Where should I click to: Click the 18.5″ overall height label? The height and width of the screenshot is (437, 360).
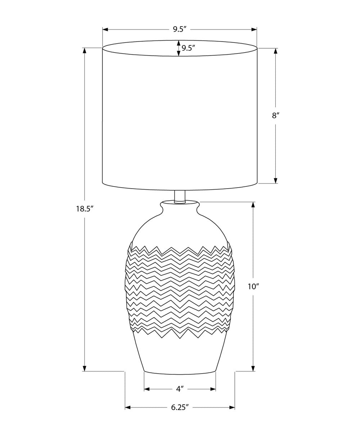click(x=84, y=209)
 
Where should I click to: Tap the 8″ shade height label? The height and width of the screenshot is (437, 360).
click(x=276, y=115)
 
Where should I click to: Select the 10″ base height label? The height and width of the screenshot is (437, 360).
click(x=253, y=287)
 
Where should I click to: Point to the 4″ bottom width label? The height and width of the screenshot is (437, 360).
click(x=180, y=389)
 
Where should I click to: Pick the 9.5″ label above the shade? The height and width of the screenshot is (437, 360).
click(x=180, y=29)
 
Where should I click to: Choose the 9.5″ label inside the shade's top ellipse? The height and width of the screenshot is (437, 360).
click(x=188, y=48)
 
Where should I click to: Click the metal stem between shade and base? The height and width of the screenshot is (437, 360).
click(x=180, y=196)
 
